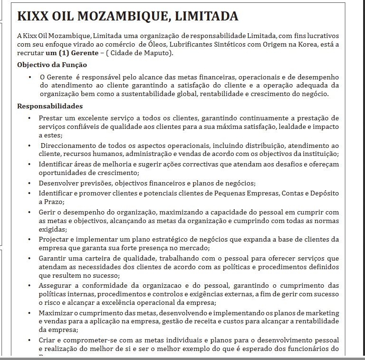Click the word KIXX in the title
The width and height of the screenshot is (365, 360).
pos(33,17)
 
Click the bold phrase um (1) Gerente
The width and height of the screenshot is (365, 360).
pos(75,52)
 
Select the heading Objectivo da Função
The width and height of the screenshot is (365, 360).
pos(52,65)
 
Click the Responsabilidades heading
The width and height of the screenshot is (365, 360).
pos(50,106)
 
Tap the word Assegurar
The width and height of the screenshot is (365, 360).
pos(56,285)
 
